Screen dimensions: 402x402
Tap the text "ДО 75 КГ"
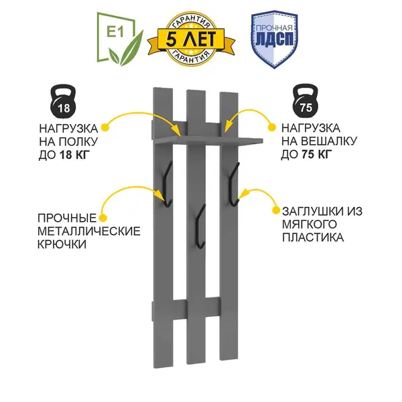pos(307,155)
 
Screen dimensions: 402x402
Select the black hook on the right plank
pos(233,181)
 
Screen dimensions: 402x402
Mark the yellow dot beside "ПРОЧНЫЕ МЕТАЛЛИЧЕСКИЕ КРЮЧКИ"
pos(104,216)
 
